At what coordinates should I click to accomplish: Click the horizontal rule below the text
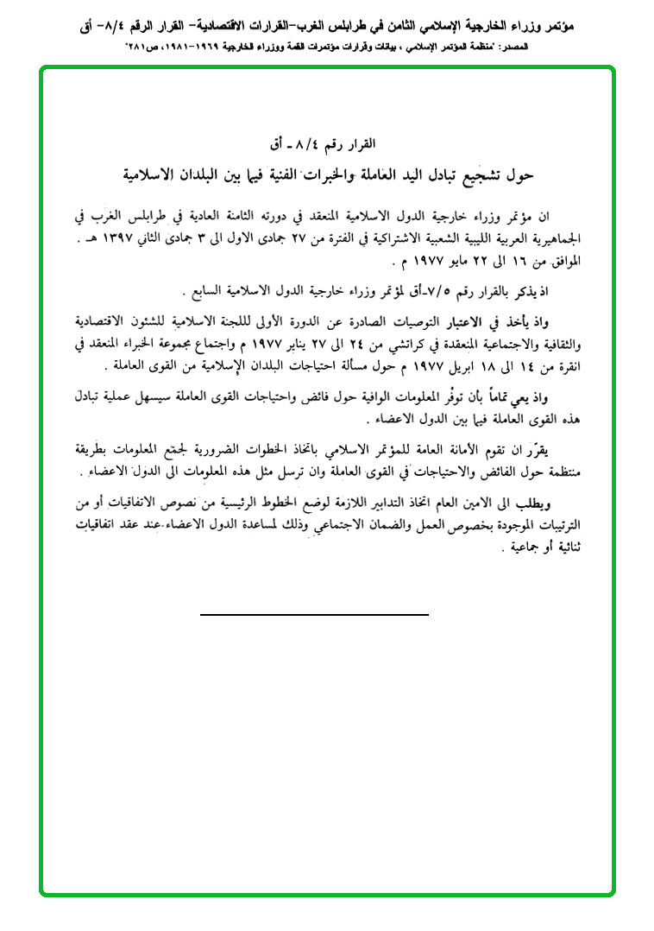pos(314,614)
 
